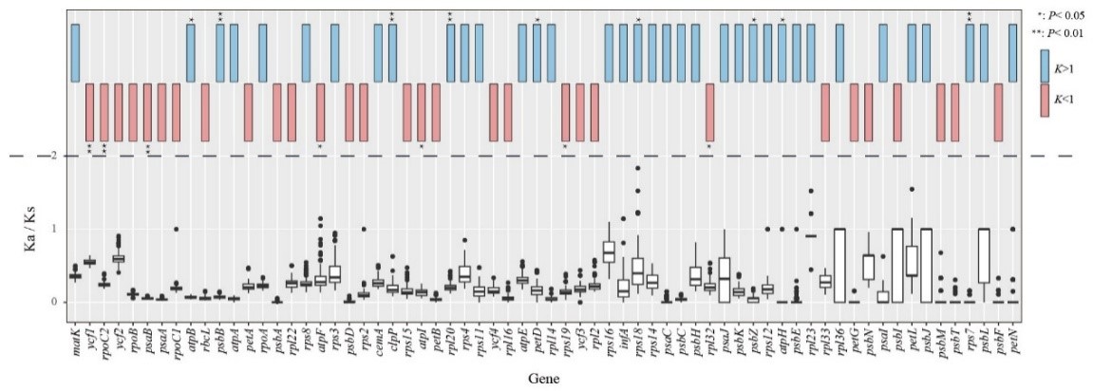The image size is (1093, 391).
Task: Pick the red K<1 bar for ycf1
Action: click(x=90, y=112)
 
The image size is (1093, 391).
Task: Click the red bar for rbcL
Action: click(x=205, y=112)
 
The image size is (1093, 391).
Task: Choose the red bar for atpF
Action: click(x=321, y=112)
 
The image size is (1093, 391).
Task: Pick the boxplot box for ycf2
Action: click(x=119, y=258)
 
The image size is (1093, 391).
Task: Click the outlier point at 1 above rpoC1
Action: click(x=177, y=229)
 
